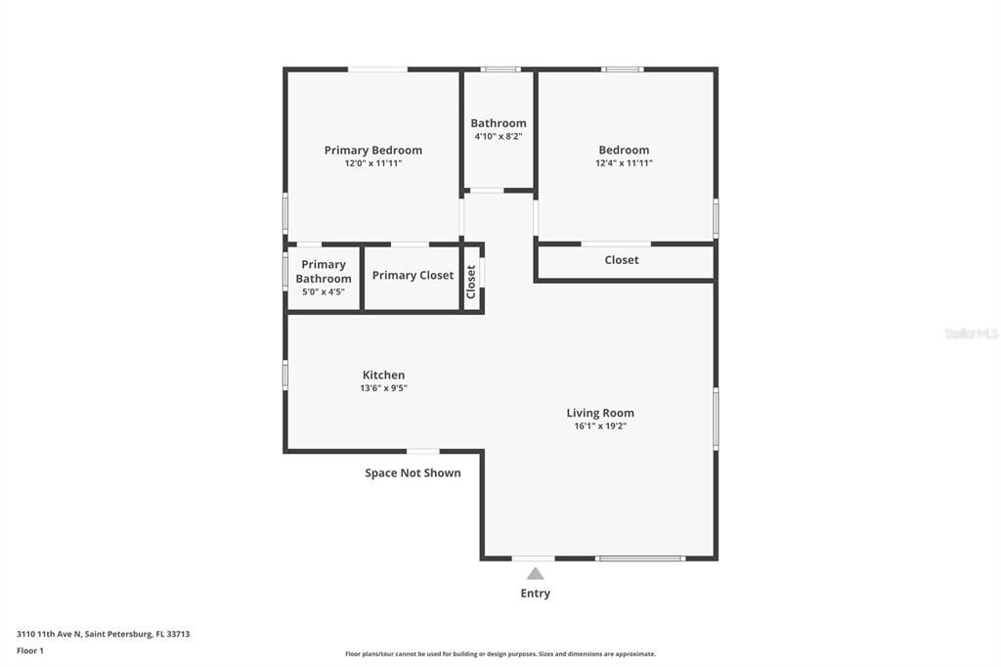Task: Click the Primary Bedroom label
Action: point(372,151)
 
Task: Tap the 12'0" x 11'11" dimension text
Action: point(372,163)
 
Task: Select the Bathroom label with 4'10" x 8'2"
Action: point(499,123)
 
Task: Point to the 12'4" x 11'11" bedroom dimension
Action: point(624,163)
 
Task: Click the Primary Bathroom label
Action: point(324,272)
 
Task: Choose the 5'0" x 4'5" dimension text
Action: point(324,291)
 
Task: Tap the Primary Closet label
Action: point(413,276)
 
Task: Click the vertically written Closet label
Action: point(471,282)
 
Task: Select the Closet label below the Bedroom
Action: point(622,260)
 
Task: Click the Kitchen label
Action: point(383,376)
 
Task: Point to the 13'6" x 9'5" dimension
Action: point(383,388)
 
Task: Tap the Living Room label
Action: point(600,414)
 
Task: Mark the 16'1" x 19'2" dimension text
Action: point(600,426)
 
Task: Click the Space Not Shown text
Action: point(413,473)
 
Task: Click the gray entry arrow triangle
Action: point(535,574)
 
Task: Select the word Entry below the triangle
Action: point(535,594)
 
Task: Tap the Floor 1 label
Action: point(30,650)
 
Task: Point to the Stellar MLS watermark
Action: point(971,333)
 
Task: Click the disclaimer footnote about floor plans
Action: point(500,654)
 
